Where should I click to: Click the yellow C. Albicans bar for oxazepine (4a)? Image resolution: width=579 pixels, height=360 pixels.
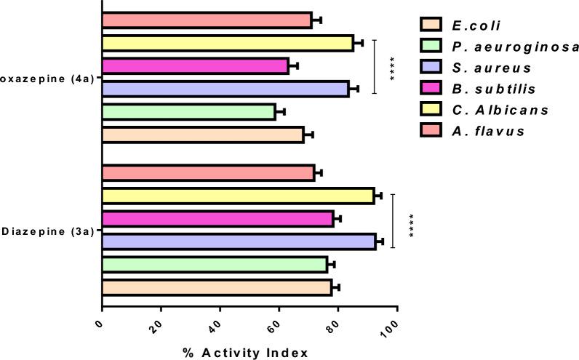tap(227, 43)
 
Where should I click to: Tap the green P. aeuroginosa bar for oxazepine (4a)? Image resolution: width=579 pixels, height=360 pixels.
tap(188, 111)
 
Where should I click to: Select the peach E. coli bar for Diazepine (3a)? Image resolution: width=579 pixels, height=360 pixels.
tap(217, 287)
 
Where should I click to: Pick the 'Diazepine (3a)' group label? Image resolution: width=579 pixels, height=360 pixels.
tap(47, 231)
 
